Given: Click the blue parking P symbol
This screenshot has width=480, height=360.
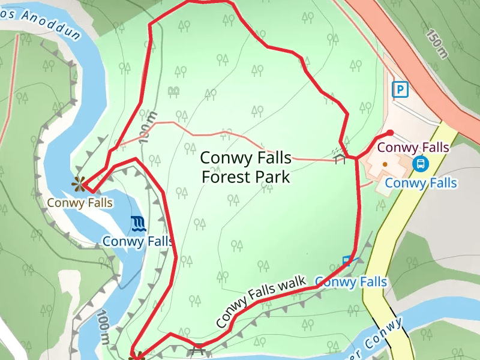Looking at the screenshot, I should tap(400, 90).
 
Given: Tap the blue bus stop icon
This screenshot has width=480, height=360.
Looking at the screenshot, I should tap(421, 163).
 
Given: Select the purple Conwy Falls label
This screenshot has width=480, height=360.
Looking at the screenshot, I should tap(413, 147).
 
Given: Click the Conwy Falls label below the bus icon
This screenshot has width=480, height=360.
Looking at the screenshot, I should tap(421, 183).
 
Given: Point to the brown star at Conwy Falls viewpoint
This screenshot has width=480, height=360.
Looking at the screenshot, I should tap(79, 184).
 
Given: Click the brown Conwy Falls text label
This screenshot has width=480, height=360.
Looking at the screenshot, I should tap(80, 203).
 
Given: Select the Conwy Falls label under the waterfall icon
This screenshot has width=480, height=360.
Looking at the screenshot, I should tap(137, 241).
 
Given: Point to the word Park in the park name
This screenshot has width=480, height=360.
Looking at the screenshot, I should tap(274, 177).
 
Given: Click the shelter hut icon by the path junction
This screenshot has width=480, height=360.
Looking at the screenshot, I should tap(340, 157).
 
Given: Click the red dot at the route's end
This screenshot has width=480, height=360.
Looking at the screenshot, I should tap(390, 133).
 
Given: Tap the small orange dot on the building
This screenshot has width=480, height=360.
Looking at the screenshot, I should tap(385, 163).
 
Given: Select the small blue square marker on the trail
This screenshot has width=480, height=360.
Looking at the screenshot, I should tap(346, 261).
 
